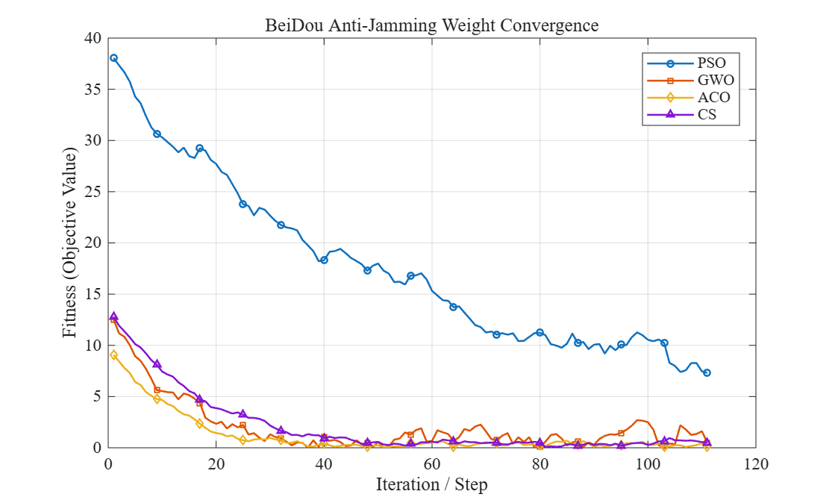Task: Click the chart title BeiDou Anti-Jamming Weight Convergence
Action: coord(432,25)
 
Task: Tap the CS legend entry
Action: coord(681,114)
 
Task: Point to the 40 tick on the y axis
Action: coord(93,38)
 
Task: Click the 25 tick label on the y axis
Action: coord(93,192)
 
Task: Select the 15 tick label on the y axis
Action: coord(93,294)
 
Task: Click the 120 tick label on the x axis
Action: coord(756,464)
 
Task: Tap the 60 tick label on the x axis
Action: coord(432,464)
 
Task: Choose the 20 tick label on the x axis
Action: coord(216,464)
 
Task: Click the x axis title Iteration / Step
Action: coord(432,484)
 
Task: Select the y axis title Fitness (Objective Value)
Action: coord(69,243)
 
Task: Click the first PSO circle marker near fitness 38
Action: coord(113,58)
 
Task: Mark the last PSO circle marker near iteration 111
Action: coord(707,373)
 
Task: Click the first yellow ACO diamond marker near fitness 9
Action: coord(113,355)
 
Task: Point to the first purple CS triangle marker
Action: coord(113,316)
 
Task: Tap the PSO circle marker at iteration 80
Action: coord(540,333)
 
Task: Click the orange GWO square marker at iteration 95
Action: coord(621,433)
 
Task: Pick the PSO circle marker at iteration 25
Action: coord(243,204)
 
